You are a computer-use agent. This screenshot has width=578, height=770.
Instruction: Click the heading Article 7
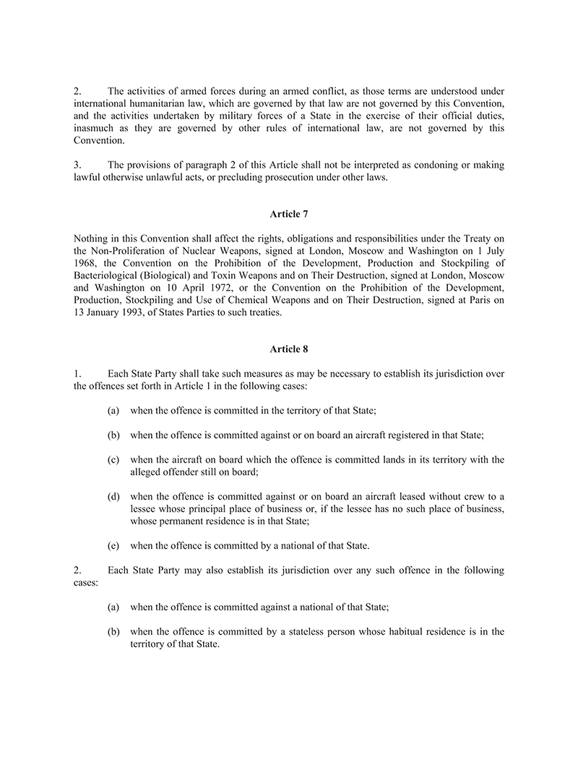pyautogui.click(x=289, y=213)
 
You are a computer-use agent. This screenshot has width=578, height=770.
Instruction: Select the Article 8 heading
pyautogui.click(x=289, y=349)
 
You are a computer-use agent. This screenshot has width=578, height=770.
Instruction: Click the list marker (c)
pyautogui.click(x=113, y=460)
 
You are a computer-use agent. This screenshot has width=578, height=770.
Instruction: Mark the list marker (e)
pyautogui.click(x=113, y=544)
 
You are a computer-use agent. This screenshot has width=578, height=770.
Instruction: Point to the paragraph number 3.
pyautogui.click(x=77, y=166)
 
